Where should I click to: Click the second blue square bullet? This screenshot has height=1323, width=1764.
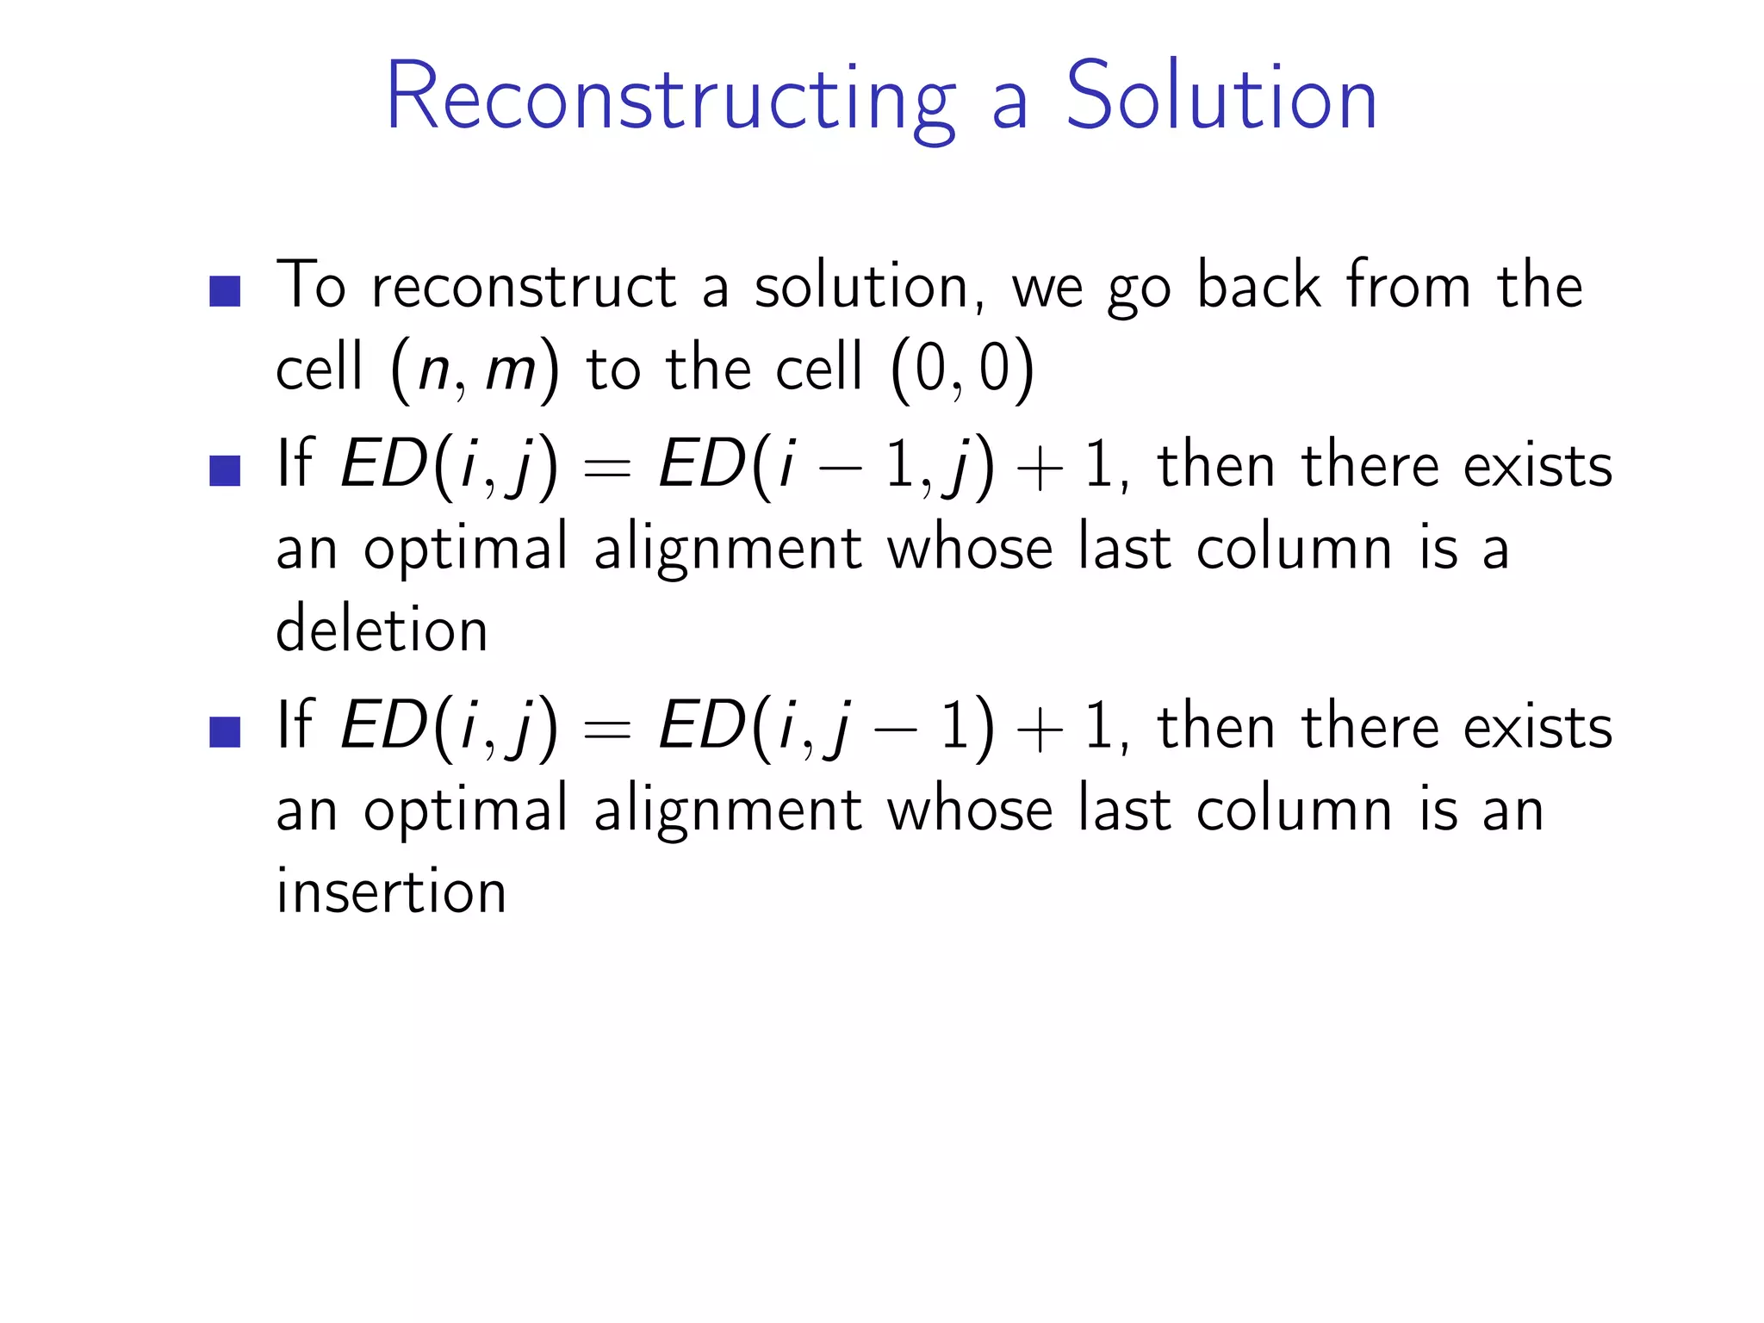coord(225,471)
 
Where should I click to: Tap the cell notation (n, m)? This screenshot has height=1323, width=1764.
coord(475,370)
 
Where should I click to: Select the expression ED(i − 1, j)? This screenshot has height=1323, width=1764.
coord(826,467)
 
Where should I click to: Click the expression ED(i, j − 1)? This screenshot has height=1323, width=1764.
coord(826,729)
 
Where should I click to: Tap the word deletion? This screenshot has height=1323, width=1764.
coord(382,629)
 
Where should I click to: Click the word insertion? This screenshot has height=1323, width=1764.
coord(391,891)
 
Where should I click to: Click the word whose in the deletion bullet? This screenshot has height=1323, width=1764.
coord(970,548)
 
